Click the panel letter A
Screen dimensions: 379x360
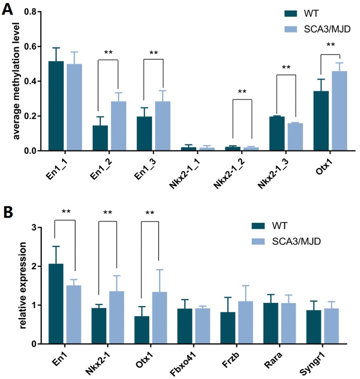pos(8,8)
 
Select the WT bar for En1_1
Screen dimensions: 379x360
pos(56,106)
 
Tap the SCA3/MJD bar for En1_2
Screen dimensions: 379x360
pos(118,126)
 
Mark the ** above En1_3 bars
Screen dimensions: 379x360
pos(153,53)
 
